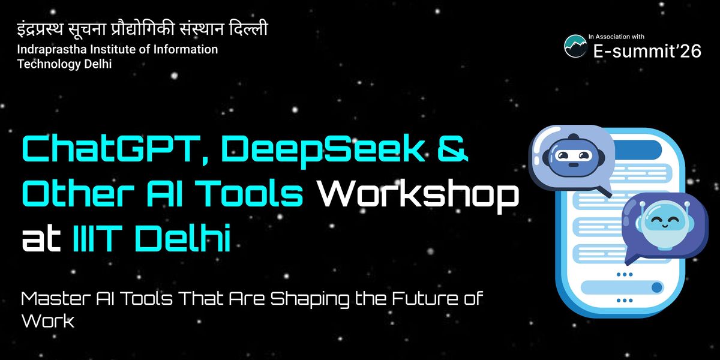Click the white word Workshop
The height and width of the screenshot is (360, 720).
[415, 196]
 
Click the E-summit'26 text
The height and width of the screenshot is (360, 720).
[647, 52]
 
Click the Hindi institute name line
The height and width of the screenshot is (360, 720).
[142, 29]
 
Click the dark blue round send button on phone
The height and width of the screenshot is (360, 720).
[656, 287]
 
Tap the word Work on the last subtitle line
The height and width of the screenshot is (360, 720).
[47, 322]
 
